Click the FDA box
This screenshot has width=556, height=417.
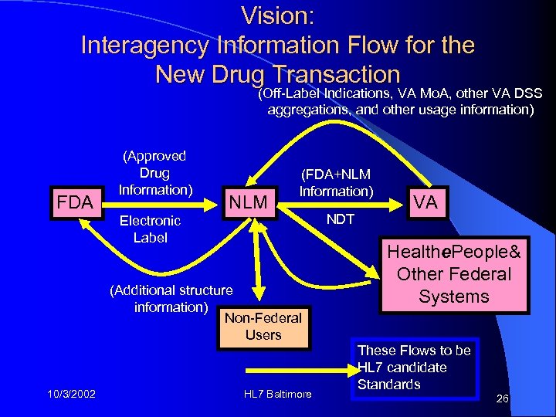(76, 202)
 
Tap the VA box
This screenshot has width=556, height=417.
(425, 202)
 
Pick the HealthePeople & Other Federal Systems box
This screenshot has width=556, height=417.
(454, 274)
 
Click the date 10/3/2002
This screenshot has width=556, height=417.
(70, 395)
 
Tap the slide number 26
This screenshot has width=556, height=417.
(503, 399)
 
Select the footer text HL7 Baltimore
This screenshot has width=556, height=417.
(277, 395)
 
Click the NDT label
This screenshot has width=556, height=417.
(340, 219)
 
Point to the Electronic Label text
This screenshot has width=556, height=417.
(150, 229)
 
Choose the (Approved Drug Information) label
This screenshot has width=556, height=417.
(155, 172)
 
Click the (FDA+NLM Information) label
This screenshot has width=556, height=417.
(336, 183)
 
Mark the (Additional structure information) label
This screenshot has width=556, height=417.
(171, 299)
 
